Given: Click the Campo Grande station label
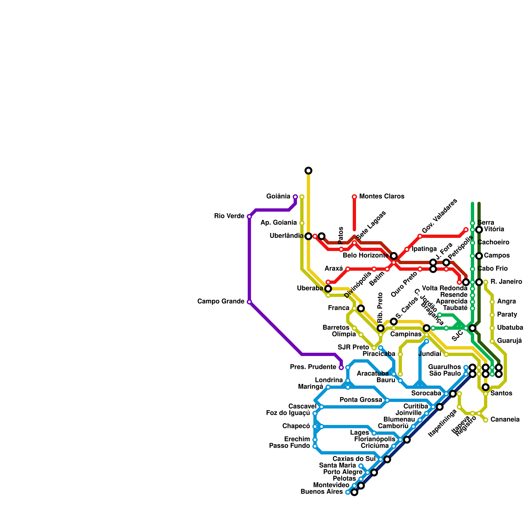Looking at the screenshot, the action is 220,302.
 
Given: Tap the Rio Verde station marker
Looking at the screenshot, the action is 249,217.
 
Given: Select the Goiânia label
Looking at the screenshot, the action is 278,197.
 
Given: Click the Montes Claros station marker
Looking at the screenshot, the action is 354,197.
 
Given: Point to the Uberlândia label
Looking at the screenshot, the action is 286,236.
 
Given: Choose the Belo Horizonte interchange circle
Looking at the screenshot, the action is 394,256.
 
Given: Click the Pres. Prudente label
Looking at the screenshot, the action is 313,367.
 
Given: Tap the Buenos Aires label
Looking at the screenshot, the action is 322,492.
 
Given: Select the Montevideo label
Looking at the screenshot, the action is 331,485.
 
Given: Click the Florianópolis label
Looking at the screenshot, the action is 375,439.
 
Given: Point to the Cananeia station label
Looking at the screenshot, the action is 505,420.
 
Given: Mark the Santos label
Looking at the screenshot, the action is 501,393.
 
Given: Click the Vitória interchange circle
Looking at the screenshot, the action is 479,230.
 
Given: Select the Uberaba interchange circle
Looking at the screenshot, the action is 328,289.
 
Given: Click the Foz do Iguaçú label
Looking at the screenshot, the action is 288,413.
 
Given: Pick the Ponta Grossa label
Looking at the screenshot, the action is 361,400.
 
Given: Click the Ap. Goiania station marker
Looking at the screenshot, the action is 302,223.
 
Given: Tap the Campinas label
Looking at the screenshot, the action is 406,334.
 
